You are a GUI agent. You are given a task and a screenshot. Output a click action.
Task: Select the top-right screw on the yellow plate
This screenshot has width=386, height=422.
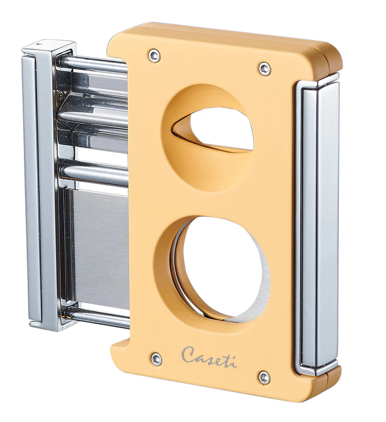tap(263, 67)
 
